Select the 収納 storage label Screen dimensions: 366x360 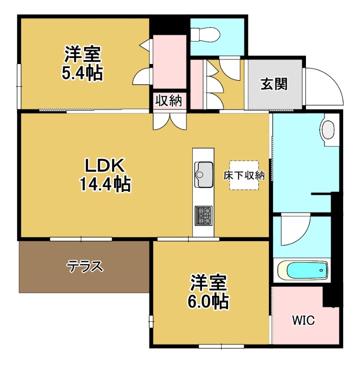(169, 101)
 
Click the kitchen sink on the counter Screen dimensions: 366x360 (203, 175)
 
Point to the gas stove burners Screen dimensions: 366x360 (204, 215)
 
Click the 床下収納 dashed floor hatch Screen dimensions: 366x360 (244, 175)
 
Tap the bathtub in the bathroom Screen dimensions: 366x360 (303, 270)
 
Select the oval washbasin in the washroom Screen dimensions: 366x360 (328, 129)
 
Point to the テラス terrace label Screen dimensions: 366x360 (85, 266)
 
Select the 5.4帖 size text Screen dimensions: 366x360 (82, 73)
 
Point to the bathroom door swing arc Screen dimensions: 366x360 (293, 231)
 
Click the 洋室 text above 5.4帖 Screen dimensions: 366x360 (82, 55)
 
